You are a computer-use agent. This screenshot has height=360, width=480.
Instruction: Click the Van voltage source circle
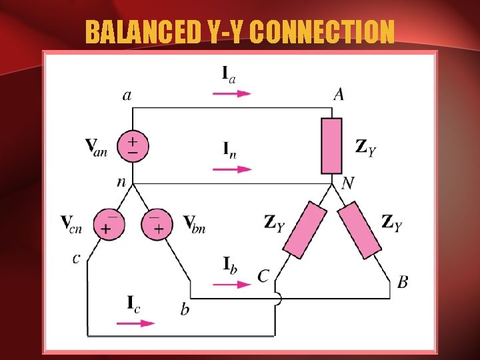133,147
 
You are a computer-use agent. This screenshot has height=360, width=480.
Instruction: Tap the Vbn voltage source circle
156,224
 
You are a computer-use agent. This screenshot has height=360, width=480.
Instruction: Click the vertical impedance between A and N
331,145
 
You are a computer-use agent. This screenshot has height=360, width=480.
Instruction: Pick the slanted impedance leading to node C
305,231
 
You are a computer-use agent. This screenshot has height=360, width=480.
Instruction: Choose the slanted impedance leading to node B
359,231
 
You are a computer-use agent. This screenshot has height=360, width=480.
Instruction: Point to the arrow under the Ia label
231,93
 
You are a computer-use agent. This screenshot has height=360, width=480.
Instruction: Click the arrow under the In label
231,169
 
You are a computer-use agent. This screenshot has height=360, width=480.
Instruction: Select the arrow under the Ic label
136,323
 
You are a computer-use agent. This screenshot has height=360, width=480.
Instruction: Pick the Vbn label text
194,223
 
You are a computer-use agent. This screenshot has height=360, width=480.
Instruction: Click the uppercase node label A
339,95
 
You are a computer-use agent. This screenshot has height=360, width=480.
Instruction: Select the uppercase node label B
402,283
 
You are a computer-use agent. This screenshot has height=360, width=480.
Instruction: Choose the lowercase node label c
77,257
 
